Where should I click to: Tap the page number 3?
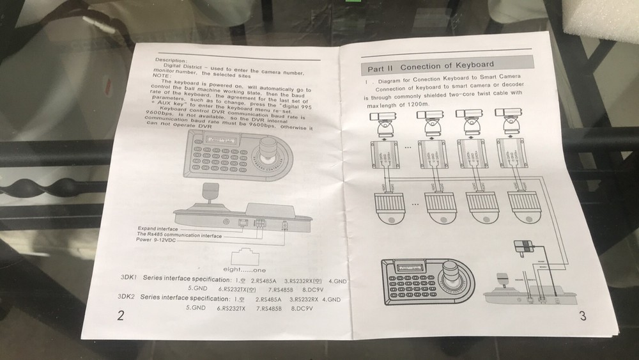582,315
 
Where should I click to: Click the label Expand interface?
158,228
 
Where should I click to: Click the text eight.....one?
243,270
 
